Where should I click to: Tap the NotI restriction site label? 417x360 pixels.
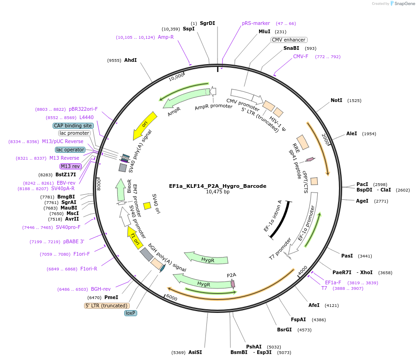[x=337, y=100]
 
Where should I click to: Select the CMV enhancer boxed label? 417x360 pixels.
[x=289, y=40]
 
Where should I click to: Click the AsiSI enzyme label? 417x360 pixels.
[x=195, y=352]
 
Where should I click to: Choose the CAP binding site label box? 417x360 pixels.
[x=73, y=126]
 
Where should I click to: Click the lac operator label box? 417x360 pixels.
[x=70, y=150]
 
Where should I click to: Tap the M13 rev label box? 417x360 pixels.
[x=70, y=166]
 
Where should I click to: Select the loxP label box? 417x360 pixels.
[x=131, y=313]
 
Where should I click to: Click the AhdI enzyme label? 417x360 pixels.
[x=130, y=60]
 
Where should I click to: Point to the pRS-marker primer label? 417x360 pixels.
[x=256, y=23]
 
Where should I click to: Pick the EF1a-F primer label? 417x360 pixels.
[x=333, y=282]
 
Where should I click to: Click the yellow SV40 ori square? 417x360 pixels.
[x=147, y=206]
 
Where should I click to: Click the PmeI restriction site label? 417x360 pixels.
[x=111, y=298]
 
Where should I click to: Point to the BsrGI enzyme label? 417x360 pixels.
[x=284, y=330]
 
